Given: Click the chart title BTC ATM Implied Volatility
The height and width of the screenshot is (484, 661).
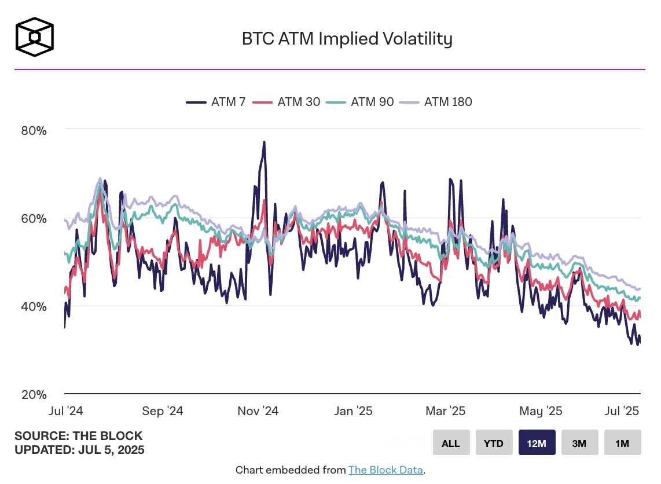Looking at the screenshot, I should [x=347, y=39].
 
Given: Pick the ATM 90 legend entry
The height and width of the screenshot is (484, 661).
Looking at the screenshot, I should [x=361, y=102].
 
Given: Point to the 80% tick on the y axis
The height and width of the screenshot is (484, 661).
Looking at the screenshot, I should [x=34, y=130].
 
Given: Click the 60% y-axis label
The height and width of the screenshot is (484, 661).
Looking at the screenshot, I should [x=34, y=219].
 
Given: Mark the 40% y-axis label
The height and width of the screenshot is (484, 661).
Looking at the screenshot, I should [x=34, y=306].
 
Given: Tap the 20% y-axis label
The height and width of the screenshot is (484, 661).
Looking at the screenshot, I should [x=34, y=394].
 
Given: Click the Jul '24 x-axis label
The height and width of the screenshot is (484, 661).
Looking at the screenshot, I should [x=65, y=411].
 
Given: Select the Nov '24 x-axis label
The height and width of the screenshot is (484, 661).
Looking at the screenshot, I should [x=258, y=411].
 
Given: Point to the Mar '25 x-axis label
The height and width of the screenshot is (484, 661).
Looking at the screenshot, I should [x=445, y=411].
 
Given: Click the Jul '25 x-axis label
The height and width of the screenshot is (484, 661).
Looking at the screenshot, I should [x=622, y=411].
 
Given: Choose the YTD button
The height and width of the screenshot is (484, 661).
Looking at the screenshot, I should [x=494, y=443].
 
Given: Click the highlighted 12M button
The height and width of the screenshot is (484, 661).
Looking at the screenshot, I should [x=537, y=443].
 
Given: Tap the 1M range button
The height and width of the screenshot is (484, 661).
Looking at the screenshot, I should [x=622, y=443].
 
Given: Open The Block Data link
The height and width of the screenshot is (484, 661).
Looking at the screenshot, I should [x=386, y=470].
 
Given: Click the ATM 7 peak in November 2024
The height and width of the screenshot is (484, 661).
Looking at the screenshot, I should [x=264, y=142].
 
